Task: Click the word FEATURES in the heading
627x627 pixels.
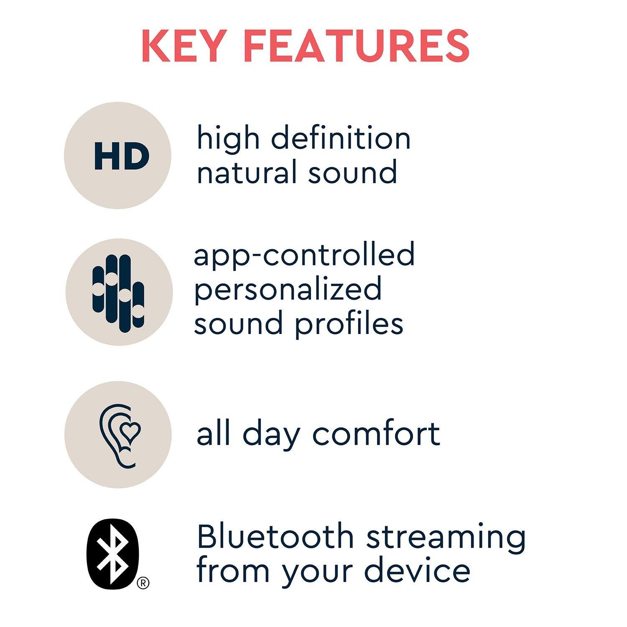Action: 363,46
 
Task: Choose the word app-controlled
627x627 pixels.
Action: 304,255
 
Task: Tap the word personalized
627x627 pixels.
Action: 288,289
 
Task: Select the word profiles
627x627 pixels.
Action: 349,324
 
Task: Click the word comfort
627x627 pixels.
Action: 376,434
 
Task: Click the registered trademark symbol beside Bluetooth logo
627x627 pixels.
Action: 143,583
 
